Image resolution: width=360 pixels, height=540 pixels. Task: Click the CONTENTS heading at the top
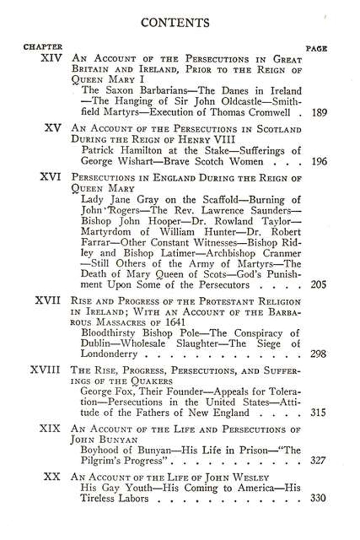coord(175,23)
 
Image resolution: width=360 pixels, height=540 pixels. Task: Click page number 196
coord(319,161)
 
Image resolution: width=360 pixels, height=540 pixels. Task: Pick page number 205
coord(319,285)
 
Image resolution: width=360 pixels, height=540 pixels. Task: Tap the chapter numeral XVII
coord(48,300)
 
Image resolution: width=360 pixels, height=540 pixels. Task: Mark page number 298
coord(319,354)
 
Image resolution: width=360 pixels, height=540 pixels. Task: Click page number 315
coord(319,413)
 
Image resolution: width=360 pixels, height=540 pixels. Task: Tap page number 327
coord(319,461)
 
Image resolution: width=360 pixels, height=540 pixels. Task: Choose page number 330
coord(319,499)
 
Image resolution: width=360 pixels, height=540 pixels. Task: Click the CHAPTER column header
coord(43,46)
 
